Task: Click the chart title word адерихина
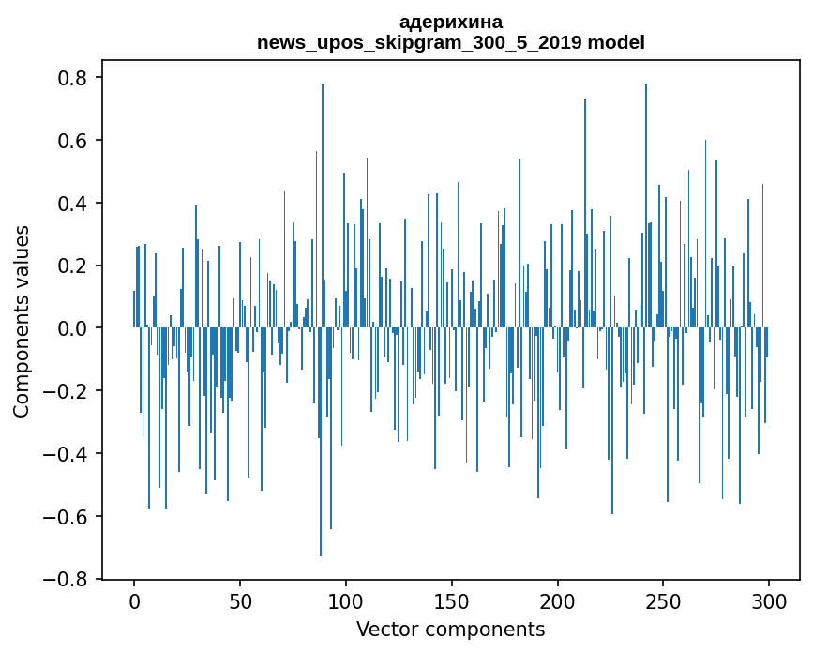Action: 450,22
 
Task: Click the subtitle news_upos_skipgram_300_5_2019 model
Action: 450,42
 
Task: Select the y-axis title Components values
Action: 22,321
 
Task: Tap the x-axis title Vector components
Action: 450,630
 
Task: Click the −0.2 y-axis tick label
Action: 66,391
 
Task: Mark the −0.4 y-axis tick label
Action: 66,454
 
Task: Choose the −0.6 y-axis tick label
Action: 66,517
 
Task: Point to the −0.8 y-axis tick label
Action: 66,580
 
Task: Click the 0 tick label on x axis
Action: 134,600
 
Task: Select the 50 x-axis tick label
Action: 240,600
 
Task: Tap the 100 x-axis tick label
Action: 346,600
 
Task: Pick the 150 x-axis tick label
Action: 452,600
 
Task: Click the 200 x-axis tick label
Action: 558,600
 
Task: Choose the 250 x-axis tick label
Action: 664,600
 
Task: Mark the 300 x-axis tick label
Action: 769,600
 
